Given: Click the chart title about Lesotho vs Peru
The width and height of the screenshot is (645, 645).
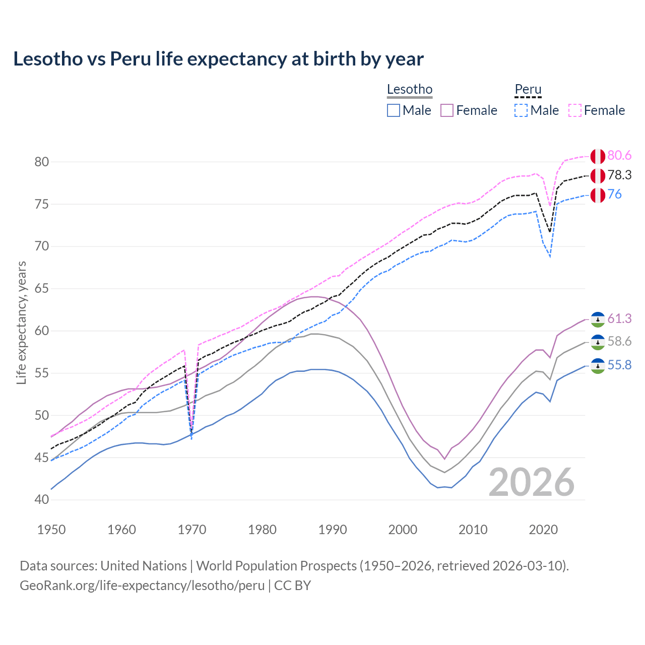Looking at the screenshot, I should pos(218,59).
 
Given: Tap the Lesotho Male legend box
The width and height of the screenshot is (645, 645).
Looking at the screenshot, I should pos(394,110).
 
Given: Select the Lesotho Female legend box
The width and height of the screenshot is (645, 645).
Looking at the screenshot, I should pos(447,110).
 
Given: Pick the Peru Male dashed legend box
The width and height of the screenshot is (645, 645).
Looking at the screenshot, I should pos(521,110).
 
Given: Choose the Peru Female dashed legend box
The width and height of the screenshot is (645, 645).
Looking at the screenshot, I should pos(575,110).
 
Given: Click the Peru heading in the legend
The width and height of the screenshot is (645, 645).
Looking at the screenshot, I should pos(528,90).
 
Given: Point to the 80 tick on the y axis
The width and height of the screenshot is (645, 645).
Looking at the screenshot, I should pos(42,162).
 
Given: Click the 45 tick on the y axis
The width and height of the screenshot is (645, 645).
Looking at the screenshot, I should pos(42,458).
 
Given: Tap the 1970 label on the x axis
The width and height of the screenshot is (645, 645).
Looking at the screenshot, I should pos(192,530).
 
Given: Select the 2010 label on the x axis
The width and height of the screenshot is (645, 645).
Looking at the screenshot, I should pos(473,530).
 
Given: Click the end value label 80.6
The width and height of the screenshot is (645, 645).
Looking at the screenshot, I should pos(619,156).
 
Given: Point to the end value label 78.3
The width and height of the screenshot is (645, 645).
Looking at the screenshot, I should pos(619,175).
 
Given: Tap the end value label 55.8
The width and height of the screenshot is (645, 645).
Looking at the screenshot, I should pos(619,365).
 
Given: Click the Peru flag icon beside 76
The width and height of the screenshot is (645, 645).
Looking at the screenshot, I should pos(598,195).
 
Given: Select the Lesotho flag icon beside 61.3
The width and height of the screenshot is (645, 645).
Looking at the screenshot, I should pos(598,319).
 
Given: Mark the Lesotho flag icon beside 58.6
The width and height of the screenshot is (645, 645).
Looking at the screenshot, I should pos(598,342).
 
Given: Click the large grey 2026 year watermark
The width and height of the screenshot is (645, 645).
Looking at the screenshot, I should pos(531,482).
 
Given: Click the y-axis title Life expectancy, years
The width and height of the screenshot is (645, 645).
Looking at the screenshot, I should pos(22,322).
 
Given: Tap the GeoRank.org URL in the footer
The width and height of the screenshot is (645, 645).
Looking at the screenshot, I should pos(142,586).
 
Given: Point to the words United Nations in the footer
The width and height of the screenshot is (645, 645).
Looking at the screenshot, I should pos(144,566).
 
